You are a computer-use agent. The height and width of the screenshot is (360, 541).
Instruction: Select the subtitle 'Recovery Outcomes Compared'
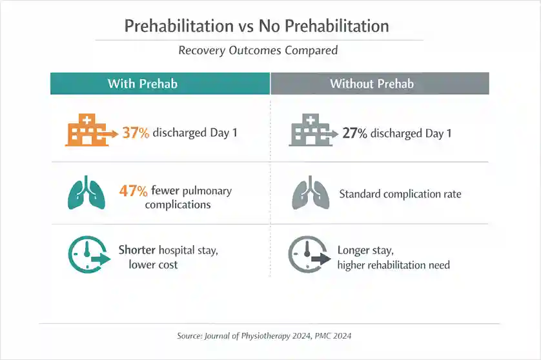(x=258, y=50)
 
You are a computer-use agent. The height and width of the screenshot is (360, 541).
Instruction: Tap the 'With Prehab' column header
(x=142, y=84)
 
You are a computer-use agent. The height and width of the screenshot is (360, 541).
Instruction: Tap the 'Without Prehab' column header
(x=372, y=84)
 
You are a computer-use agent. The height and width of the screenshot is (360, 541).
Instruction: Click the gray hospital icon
(x=308, y=131)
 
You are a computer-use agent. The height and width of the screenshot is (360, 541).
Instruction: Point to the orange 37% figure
(x=136, y=134)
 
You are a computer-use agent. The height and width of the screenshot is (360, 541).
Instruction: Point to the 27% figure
(x=354, y=134)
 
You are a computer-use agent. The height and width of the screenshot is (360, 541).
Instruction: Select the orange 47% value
(x=134, y=191)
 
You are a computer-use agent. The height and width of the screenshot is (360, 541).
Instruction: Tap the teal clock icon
(x=88, y=255)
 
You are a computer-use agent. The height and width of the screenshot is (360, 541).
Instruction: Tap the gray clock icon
(x=307, y=255)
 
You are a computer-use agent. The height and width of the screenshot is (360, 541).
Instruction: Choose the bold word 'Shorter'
(x=137, y=250)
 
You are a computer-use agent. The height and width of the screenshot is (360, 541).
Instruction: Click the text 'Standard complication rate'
(x=400, y=194)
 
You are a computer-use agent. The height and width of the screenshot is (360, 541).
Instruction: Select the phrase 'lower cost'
(x=153, y=265)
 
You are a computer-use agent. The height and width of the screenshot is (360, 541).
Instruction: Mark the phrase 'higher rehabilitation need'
(x=393, y=265)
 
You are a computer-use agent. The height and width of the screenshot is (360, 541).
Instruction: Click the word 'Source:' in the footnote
(x=189, y=335)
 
